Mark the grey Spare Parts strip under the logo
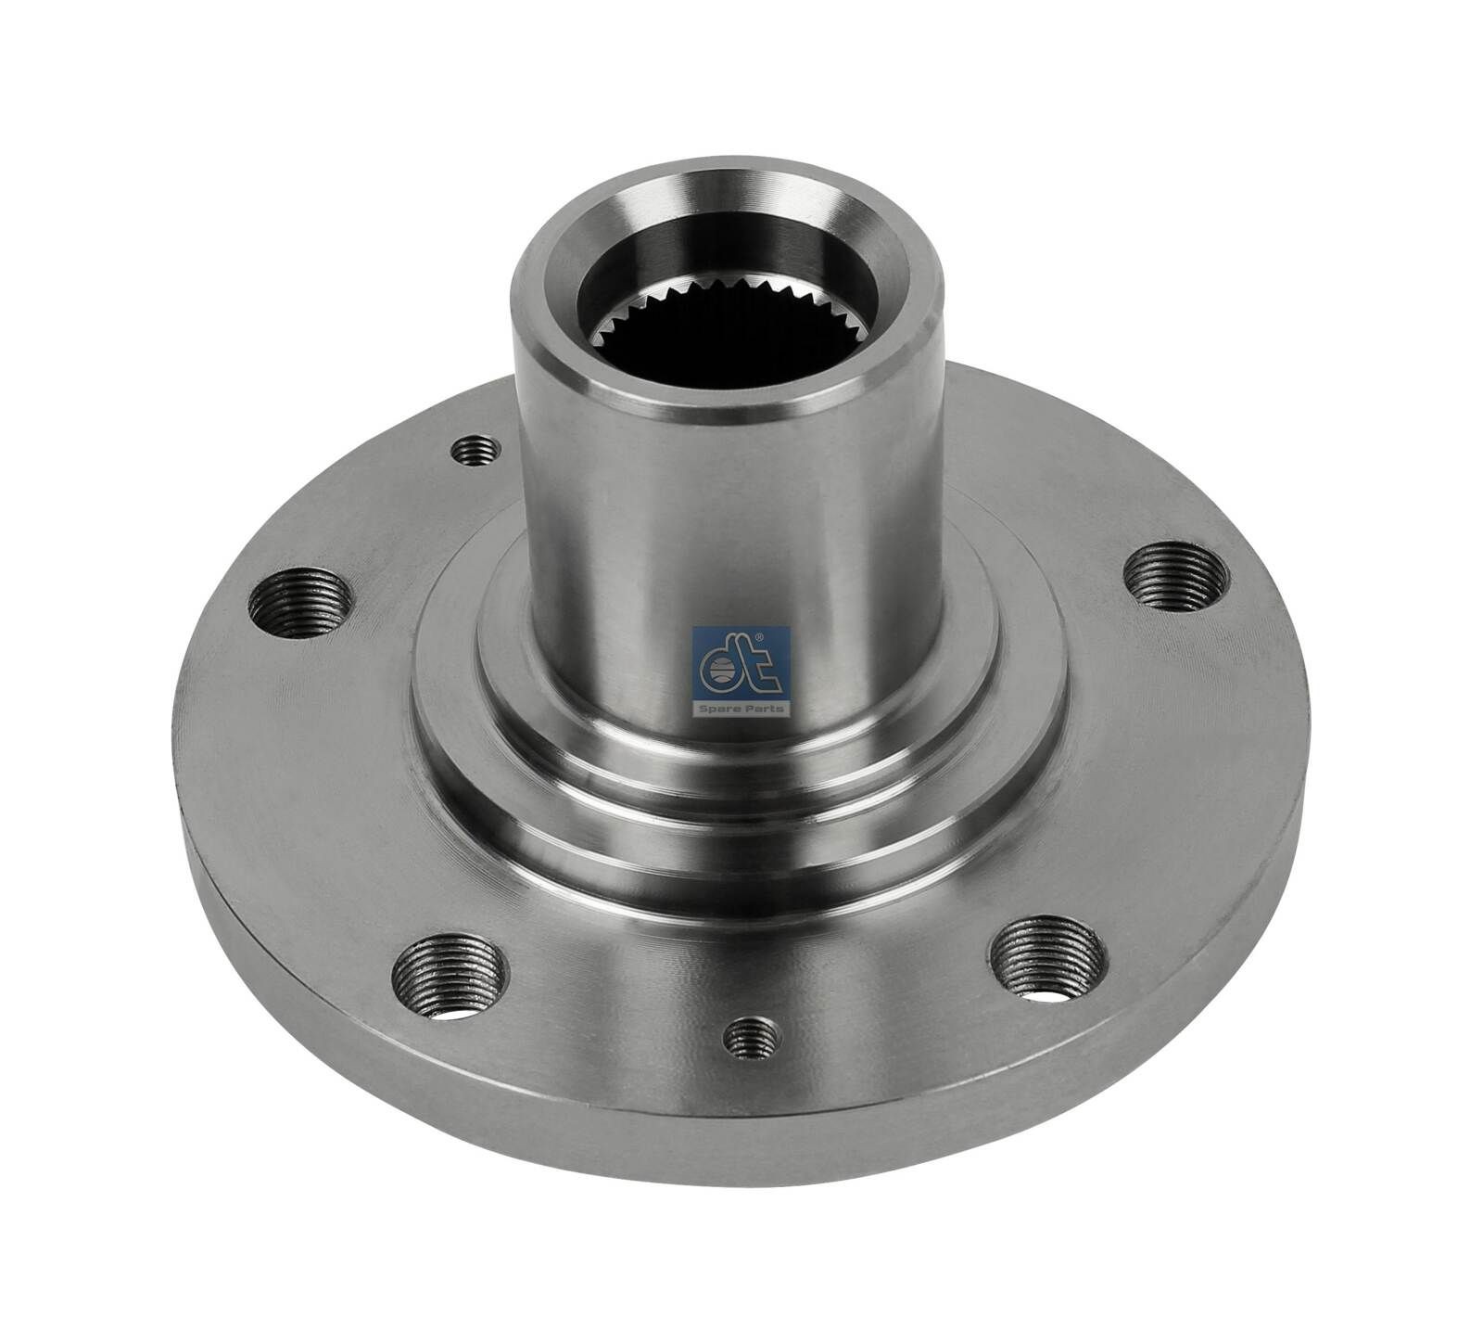pos(741,709)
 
